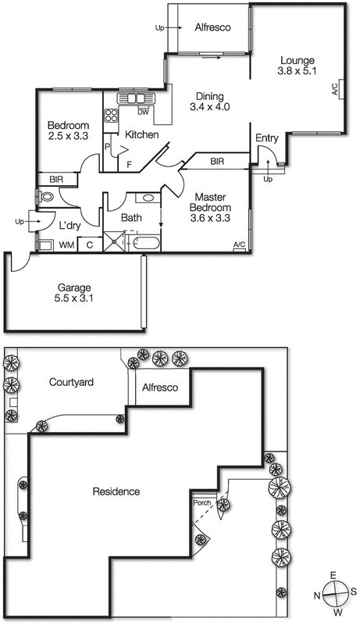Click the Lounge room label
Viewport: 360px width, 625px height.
click(298, 61)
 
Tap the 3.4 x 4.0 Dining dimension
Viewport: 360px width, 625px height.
click(209, 107)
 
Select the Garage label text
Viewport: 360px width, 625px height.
click(74, 287)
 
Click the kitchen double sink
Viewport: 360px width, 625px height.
click(135, 98)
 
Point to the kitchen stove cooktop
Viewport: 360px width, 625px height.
click(111, 115)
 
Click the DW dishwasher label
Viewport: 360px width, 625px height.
click(143, 112)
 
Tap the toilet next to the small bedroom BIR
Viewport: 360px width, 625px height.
click(46, 197)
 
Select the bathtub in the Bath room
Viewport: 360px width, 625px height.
click(146, 242)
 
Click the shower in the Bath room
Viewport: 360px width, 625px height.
click(114, 241)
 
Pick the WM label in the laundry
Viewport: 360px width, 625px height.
click(67, 245)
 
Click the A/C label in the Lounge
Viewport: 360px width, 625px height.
click(334, 89)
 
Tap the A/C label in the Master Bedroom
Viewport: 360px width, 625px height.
click(239, 245)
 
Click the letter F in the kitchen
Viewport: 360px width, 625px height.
click(129, 164)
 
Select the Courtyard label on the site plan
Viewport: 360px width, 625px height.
click(71, 382)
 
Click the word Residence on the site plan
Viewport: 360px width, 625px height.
click(116, 491)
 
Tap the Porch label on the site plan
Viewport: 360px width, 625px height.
click(202, 503)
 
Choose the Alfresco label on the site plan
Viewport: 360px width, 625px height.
click(160, 387)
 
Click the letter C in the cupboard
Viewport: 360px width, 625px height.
click(90, 245)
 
